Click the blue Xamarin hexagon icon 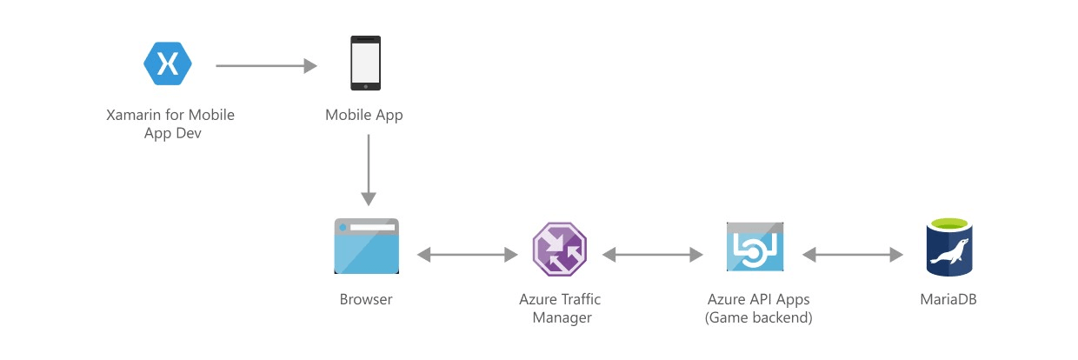tap(168, 63)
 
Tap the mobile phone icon tap(365, 63)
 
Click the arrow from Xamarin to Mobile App tap(266, 65)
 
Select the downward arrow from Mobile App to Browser tap(369, 170)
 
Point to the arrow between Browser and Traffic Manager tap(468, 255)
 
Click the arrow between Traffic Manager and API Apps tap(652, 255)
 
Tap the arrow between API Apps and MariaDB tap(852, 255)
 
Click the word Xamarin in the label tap(135, 115)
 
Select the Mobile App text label tap(364, 115)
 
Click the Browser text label tap(366, 300)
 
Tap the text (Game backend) tap(758, 318)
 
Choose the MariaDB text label tap(948, 300)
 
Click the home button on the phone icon tap(365, 85)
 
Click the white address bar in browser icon tap(373, 227)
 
